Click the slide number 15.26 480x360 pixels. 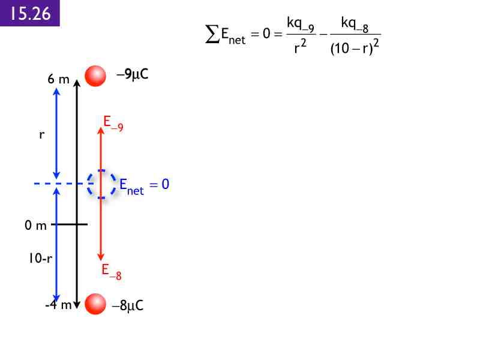click(x=31, y=13)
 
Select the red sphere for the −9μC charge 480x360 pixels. click(x=95, y=76)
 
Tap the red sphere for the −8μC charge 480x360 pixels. click(x=95, y=304)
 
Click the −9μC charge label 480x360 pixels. click(x=133, y=74)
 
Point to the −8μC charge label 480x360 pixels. click(x=128, y=305)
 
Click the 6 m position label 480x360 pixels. click(x=58, y=79)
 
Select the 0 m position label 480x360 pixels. click(x=35, y=226)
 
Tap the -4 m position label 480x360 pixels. click(x=58, y=305)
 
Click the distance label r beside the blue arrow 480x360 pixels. click(x=41, y=134)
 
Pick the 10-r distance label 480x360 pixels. click(x=40, y=258)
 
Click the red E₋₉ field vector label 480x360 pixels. click(x=113, y=124)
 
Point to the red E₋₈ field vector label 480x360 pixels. click(x=112, y=272)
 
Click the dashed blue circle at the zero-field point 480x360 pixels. click(x=101, y=184)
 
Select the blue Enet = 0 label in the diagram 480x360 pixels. click(x=144, y=186)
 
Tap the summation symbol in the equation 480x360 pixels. click(x=212, y=34)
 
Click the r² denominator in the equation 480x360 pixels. click(x=300, y=47)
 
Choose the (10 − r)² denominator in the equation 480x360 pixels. click(x=355, y=47)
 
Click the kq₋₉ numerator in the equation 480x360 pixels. click(x=301, y=25)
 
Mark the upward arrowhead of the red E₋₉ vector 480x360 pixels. click(x=101, y=131)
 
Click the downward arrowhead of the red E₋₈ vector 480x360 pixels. click(x=101, y=257)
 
